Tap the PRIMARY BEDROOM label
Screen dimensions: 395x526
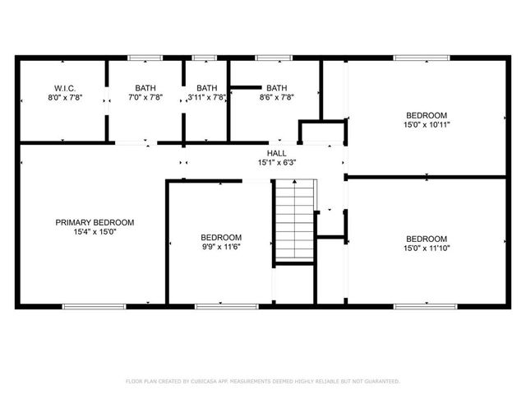pyautogui.click(x=95, y=222)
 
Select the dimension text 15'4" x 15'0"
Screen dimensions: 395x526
pyautogui.click(x=95, y=232)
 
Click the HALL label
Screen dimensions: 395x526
pyautogui.click(x=276, y=152)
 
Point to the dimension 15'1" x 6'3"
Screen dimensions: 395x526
pyautogui.click(x=276, y=162)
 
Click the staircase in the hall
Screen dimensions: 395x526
pyautogui.click(x=293, y=221)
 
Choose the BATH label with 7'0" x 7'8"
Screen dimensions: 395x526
pyautogui.click(x=145, y=87)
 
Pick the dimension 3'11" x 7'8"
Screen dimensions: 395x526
pyautogui.click(x=207, y=97)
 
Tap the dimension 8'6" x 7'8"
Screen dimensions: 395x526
pyautogui.click(x=276, y=97)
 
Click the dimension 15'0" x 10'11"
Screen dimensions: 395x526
pyautogui.click(x=427, y=124)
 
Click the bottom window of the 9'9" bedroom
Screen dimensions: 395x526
pyautogui.click(x=220, y=306)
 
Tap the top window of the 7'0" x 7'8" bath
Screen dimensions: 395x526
pyautogui.click(x=145, y=58)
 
